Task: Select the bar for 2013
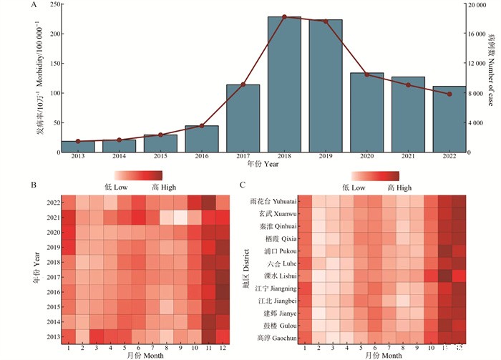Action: [x=78, y=147]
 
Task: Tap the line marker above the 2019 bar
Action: [x=326, y=21]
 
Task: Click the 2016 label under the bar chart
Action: [x=202, y=156]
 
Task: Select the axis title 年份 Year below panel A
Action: [x=263, y=165]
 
